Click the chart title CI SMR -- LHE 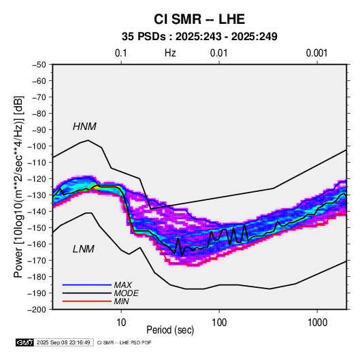tap(199, 19)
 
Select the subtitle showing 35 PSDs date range tap(199, 37)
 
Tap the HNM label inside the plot tap(84, 127)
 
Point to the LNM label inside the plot tap(84, 249)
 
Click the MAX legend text tap(122, 285)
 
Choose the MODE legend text tap(126, 293)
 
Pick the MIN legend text tap(121, 301)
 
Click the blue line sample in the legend tap(87, 285)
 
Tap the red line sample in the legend tap(87, 301)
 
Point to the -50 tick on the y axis tap(39, 65)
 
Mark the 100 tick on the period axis tap(219, 323)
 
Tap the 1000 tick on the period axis tap(317, 323)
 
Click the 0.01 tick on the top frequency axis tap(218, 53)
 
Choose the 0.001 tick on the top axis tap(316, 53)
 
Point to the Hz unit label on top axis tap(170, 53)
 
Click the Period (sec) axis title tap(170, 330)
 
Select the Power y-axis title tap(18, 187)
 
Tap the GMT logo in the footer tap(25, 342)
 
